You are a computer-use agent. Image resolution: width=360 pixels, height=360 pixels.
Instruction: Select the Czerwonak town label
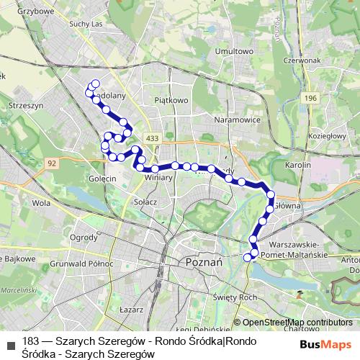click(x=301, y=61)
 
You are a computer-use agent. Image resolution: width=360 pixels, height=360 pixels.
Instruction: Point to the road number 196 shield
click(x=310, y=98)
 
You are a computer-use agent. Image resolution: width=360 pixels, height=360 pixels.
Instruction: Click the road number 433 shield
click(x=151, y=137)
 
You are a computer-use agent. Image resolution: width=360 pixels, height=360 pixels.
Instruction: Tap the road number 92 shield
click(x=53, y=163)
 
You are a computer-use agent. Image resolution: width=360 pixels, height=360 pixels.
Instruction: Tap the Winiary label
click(x=158, y=178)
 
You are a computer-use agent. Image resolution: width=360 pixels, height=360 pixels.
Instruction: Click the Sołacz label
click(x=145, y=202)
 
